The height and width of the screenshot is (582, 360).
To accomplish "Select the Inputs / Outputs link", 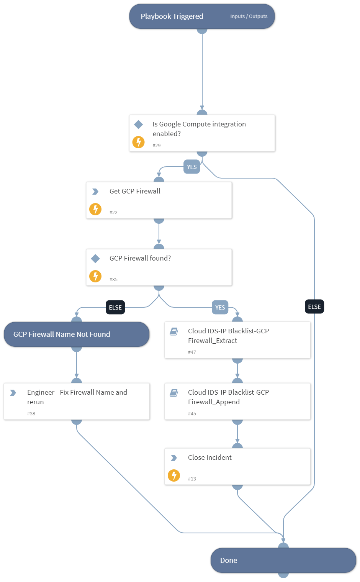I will [x=249, y=16].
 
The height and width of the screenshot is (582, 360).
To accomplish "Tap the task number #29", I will [x=157, y=146].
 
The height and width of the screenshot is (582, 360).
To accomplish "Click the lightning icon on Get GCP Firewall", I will [x=95, y=209].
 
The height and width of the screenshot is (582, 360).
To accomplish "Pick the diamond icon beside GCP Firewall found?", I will [x=95, y=259].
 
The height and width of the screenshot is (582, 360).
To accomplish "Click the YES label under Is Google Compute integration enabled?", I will [x=191, y=167].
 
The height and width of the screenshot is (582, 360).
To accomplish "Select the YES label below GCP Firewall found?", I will [x=220, y=307].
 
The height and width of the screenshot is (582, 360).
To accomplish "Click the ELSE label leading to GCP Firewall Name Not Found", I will [x=115, y=307].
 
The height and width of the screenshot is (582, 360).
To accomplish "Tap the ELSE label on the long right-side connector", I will [x=314, y=307].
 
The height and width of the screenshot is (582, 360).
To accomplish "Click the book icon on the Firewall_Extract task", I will [x=174, y=331].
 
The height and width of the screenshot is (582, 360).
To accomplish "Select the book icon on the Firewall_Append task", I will [x=174, y=393].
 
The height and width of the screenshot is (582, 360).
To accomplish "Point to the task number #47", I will [x=192, y=352].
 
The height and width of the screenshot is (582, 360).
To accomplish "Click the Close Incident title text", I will [x=209, y=457].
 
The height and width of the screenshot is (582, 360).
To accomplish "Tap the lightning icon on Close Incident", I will [x=174, y=475].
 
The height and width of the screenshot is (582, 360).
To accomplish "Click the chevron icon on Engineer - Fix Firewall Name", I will [x=13, y=393].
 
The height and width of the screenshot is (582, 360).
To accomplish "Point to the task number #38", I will [x=31, y=414].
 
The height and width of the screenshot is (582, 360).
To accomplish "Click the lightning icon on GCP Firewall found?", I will [x=95, y=276].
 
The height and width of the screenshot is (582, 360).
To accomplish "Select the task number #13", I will [x=192, y=479].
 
